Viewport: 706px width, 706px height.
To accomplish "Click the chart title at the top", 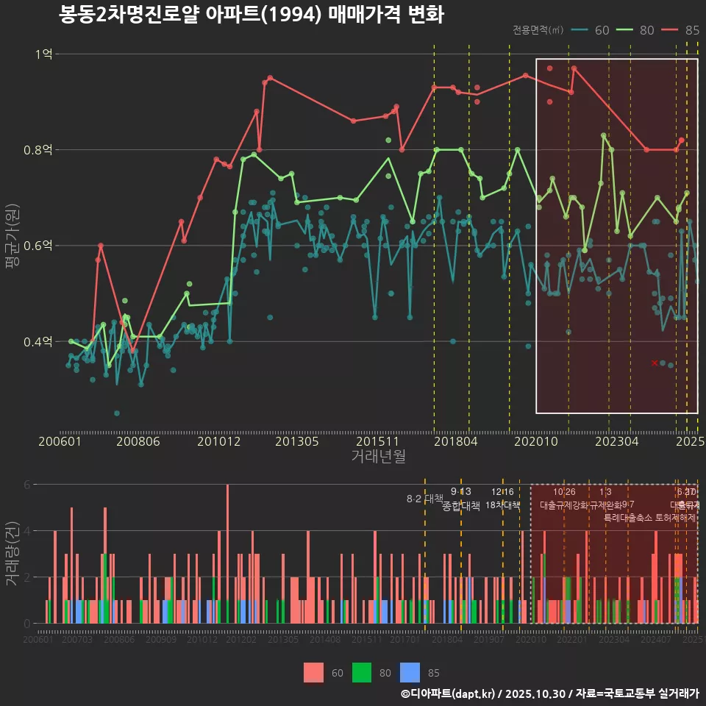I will click(x=251, y=15).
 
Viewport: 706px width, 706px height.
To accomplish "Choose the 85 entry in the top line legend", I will click(x=681, y=30).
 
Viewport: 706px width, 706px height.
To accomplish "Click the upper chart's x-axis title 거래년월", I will click(x=378, y=457).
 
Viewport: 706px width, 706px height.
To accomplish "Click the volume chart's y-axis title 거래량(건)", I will click(x=12, y=554).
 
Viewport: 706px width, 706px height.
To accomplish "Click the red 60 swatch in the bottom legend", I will click(x=314, y=672).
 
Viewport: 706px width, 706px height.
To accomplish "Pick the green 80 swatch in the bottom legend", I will click(x=362, y=672).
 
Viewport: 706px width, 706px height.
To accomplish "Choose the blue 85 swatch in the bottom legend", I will click(x=410, y=672).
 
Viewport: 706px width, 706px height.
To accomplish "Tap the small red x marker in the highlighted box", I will click(x=655, y=363).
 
